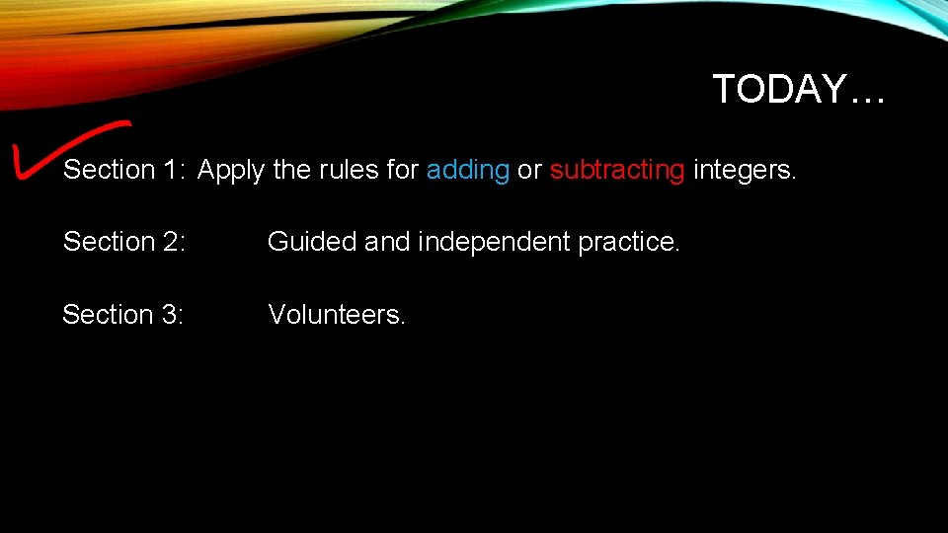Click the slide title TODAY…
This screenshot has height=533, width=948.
[799, 90]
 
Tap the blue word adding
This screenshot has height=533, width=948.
[467, 171]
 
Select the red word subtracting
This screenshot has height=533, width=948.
[616, 171]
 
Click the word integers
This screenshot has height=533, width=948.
[744, 171]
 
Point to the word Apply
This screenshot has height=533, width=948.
[231, 171]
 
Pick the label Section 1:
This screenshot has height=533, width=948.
[123, 171]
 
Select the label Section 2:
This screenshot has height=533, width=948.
[123, 242]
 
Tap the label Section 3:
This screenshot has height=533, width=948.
[123, 315]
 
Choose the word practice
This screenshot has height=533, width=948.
[629, 242]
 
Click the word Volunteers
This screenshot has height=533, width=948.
[337, 315]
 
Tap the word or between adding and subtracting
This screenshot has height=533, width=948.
[529, 171]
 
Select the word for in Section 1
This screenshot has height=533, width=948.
[402, 171]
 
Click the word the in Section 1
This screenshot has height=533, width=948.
[291, 171]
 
